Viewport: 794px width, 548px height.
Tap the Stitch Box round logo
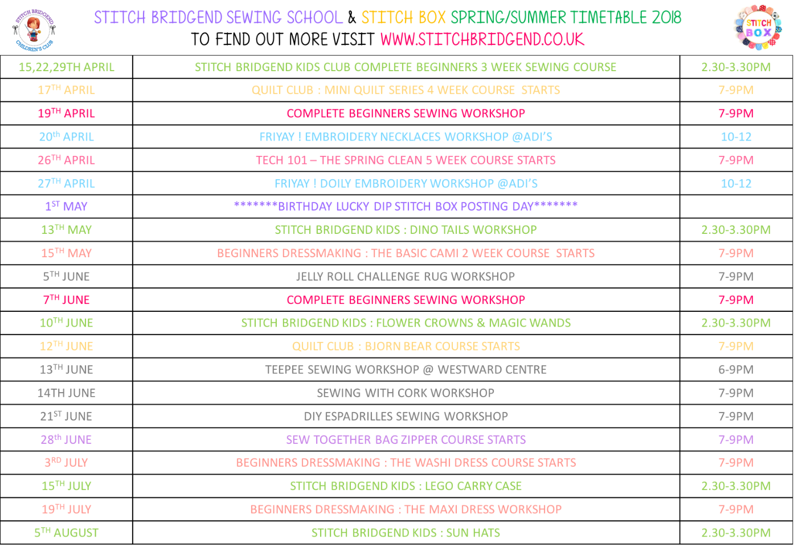[759, 28]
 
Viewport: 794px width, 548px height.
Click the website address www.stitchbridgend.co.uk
[482, 39]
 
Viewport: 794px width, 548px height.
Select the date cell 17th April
[66, 90]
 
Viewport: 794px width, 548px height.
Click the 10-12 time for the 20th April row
[736, 137]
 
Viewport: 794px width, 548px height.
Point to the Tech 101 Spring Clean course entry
[406, 160]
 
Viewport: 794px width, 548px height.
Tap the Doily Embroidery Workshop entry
[406, 183]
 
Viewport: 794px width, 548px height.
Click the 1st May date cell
[66, 206]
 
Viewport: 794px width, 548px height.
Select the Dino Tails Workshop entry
[406, 230]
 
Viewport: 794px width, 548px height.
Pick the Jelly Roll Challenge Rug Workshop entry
[406, 277]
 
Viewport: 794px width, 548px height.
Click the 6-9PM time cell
[736, 369]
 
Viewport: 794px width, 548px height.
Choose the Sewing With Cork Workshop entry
[406, 393]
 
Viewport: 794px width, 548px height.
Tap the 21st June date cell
[66, 416]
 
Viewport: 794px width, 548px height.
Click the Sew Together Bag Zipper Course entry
[406, 440]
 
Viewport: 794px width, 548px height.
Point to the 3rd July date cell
[66, 463]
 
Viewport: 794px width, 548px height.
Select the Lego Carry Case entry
[406, 486]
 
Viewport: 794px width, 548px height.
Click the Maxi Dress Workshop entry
[406, 509]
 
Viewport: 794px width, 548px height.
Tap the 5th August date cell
[66, 533]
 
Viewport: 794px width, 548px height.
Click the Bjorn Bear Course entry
[406, 346]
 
